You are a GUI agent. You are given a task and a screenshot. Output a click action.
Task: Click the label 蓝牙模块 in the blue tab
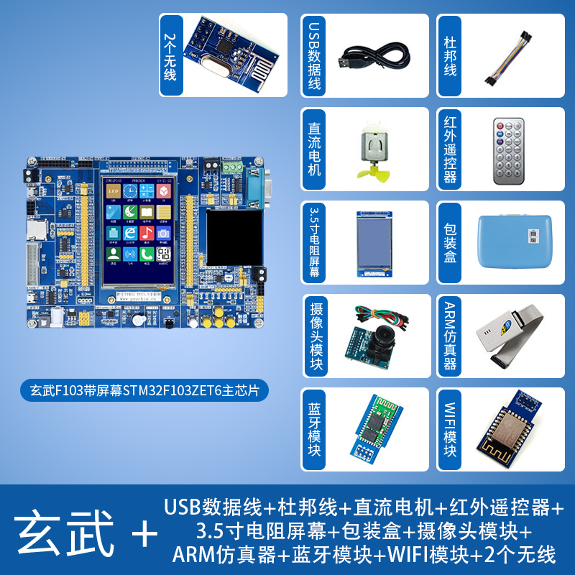coord(313,429)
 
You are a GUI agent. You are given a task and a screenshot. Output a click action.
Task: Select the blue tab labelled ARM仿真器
coord(450,336)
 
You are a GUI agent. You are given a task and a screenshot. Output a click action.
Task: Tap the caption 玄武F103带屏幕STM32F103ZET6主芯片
coord(144,391)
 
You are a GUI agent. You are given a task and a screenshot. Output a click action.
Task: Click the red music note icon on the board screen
coord(147,234)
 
